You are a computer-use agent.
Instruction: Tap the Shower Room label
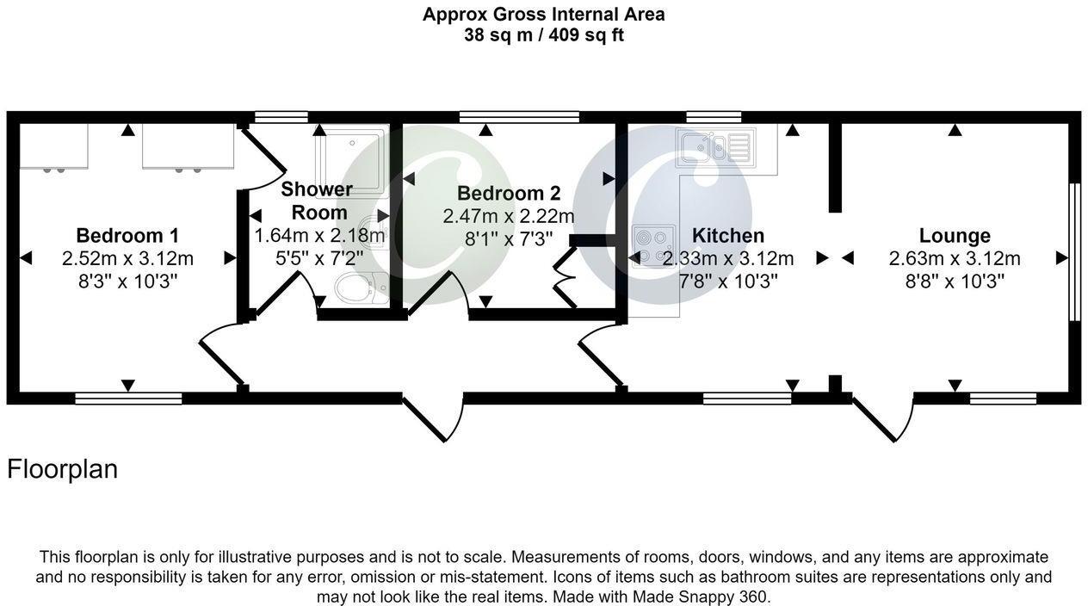pyautogui.click(x=316, y=201)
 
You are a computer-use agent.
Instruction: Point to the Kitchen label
pyautogui.click(x=727, y=235)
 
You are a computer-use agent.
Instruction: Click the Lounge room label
pyautogui.click(x=954, y=235)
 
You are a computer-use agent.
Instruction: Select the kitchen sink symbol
pyautogui.click(x=715, y=145)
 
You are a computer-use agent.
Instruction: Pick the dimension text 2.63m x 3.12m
pyautogui.click(x=954, y=258)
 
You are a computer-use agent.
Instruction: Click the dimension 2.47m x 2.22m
pyautogui.click(x=508, y=216)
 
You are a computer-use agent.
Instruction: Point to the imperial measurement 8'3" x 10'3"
pyautogui.click(x=127, y=281)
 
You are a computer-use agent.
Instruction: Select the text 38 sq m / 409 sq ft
pyautogui.click(x=543, y=35)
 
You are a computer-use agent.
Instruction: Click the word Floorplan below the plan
pyautogui.click(x=62, y=469)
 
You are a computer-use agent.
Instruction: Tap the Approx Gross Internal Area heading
pyautogui.click(x=543, y=14)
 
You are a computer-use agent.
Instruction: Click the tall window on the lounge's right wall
pyautogui.click(x=1073, y=251)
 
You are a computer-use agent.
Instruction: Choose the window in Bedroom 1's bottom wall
pyautogui.click(x=128, y=398)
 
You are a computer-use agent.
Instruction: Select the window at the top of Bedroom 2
pyautogui.click(x=518, y=117)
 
